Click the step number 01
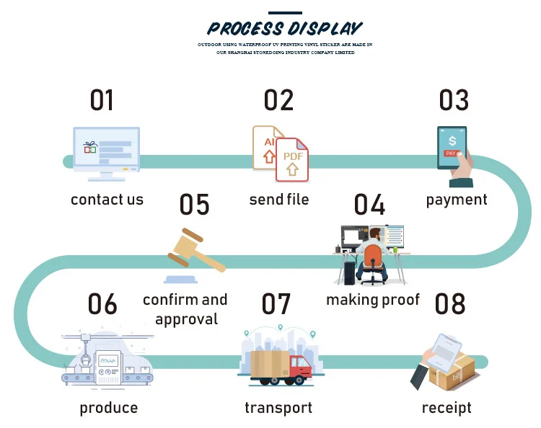[x=102, y=100]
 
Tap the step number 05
[x=194, y=205]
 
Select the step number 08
[x=450, y=304]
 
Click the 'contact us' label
[x=107, y=200]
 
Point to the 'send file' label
[x=278, y=199]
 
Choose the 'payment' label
[x=457, y=200]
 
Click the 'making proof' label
[x=372, y=299]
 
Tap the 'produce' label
[x=108, y=408]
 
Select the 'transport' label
[x=278, y=408]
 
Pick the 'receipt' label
[x=447, y=408]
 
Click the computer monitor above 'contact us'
[x=106, y=148]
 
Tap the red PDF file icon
[x=292, y=159]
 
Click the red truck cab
[x=302, y=367]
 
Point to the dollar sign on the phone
[x=452, y=140]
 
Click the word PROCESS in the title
[x=245, y=29]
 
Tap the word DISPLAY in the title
[x=325, y=29]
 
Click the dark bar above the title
[x=285, y=12]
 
